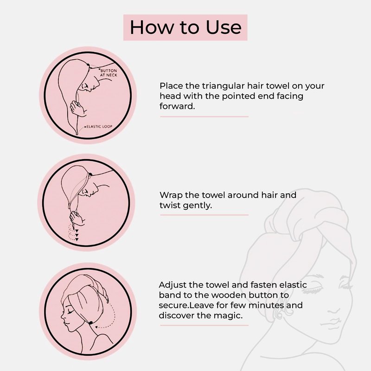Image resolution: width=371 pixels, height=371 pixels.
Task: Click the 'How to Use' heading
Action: tap(185, 27)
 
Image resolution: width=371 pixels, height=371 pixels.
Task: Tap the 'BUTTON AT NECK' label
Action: tap(109, 73)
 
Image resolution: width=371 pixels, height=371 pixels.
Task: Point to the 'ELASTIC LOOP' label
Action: tap(99, 127)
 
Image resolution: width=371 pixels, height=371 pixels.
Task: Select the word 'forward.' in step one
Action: tap(177, 106)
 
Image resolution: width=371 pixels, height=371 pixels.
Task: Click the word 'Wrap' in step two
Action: tap(171, 195)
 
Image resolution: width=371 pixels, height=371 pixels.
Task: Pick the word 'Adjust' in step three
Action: tap(173, 285)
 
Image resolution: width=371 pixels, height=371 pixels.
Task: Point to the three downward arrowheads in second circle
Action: tap(77, 235)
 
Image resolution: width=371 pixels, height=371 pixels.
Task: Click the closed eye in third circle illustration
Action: tap(70, 312)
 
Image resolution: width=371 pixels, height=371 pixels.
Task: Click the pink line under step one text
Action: tap(204, 117)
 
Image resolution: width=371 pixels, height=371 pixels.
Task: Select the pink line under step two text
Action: tap(204, 215)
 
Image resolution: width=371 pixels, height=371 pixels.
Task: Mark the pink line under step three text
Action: tap(204, 326)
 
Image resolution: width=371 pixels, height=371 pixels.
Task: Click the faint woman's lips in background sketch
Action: tap(333, 322)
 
